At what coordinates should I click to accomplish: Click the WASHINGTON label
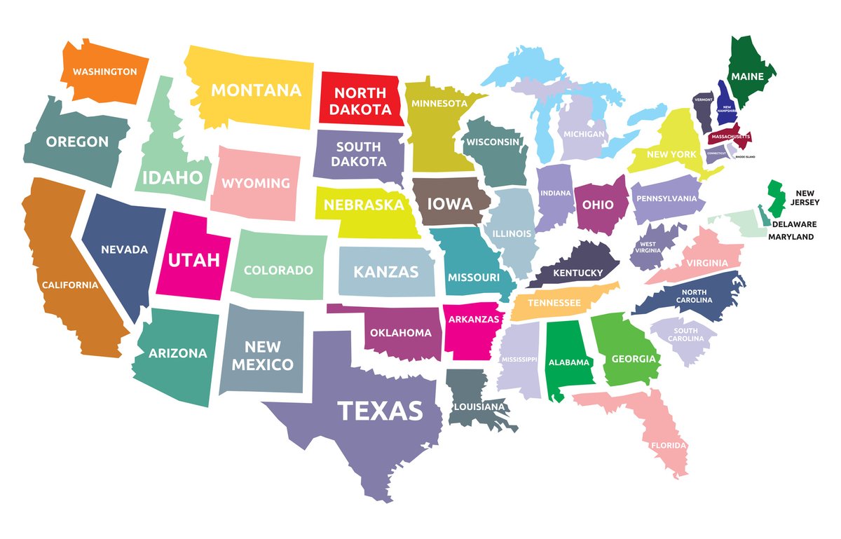pos(104,71)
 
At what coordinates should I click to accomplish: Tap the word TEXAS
pos(380,410)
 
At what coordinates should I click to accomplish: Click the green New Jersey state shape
pos(774,198)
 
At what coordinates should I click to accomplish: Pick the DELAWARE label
pos(794,224)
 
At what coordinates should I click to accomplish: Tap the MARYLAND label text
pos(791,237)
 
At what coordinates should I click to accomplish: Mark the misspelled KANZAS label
pos(385,271)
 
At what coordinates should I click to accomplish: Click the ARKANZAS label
pos(472,320)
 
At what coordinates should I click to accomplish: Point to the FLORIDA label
pos(668,445)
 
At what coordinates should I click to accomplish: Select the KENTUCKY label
pos(577,273)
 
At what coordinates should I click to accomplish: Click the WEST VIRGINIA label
pos(647,249)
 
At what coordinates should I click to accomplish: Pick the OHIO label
pos(598,205)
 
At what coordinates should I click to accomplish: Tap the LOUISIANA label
pos(479,406)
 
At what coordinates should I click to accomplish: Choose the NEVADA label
pos(124,250)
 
